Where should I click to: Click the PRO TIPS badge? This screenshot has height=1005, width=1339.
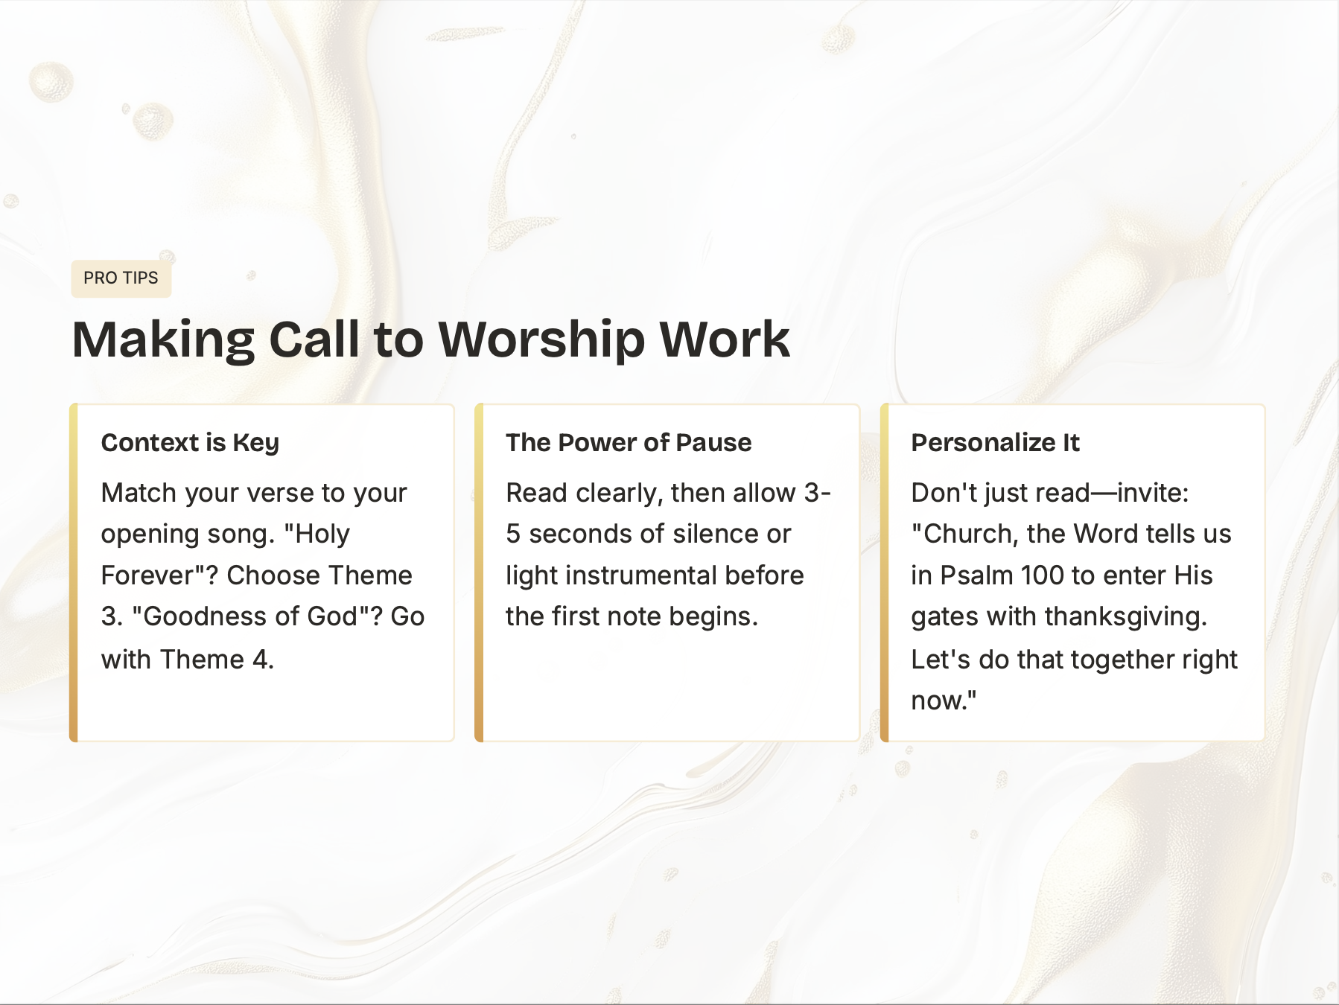[121, 278]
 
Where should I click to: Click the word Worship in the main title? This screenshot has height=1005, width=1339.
[541, 340]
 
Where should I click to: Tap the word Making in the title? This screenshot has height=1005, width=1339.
[163, 340]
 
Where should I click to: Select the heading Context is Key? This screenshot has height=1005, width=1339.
[190, 443]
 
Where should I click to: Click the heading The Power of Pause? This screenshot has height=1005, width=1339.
[629, 443]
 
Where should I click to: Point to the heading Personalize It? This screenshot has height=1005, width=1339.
[995, 443]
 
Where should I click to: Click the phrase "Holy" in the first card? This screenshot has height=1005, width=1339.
[317, 535]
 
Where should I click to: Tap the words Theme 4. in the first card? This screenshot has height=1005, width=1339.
[217, 660]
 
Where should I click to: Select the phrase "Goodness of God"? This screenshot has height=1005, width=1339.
[258, 617]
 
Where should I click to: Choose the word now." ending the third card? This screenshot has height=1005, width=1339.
[944, 701]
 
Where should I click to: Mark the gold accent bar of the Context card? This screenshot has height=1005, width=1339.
[74, 573]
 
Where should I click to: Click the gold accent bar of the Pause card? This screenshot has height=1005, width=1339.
[479, 573]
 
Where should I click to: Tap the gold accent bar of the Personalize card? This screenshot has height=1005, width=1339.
[884, 573]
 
